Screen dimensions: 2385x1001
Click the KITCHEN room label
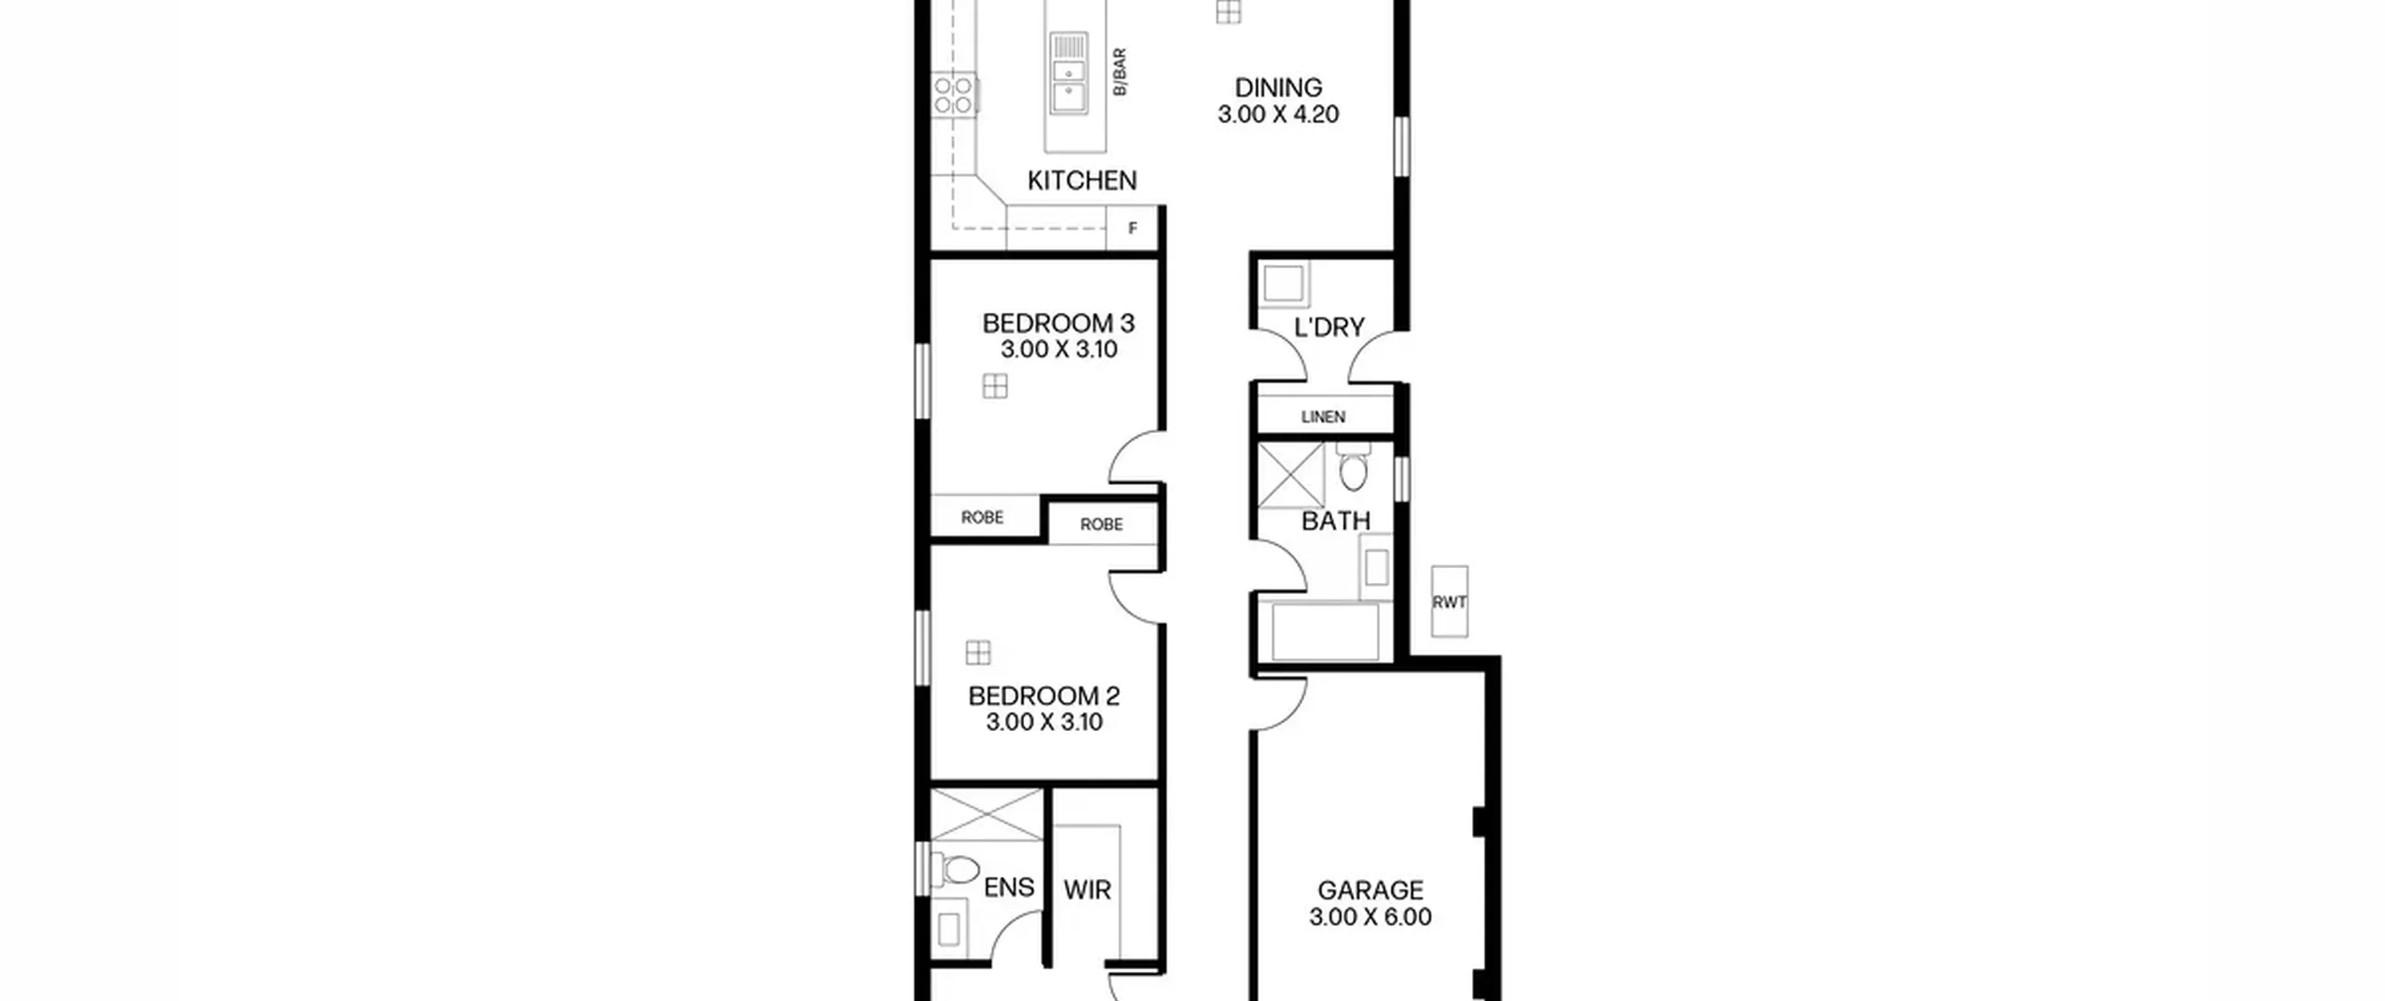[x=1082, y=181]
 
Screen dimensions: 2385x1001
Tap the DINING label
[x=1278, y=88]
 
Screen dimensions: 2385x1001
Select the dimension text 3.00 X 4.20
[x=1278, y=115]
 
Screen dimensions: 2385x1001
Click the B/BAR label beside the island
[x=1120, y=73]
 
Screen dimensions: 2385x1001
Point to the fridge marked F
[x=1132, y=228]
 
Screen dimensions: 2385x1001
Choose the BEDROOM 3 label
[x=1058, y=323]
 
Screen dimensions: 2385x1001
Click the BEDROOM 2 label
[x=1043, y=696]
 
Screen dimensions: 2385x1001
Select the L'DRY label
[x=1329, y=328]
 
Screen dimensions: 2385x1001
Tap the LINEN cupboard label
[x=1323, y=417]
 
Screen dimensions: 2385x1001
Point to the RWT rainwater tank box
[x=1450, y=602]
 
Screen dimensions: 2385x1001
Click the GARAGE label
[x=1370, y=891]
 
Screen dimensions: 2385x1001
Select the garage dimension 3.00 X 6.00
[x=1370, y=917]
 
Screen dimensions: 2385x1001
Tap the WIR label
[x=1087, y=891]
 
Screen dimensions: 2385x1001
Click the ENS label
[x=1009, y=887]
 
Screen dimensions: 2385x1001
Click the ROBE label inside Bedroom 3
[x=982, y=518]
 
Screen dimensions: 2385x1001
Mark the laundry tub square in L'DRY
[x=1284, y=283]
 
